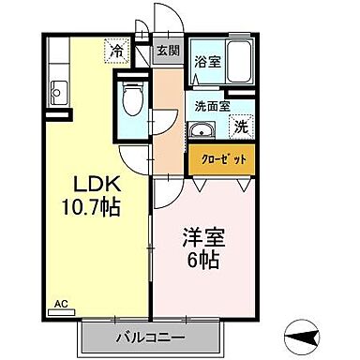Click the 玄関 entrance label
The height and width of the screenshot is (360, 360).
pyautogui.click(x=168, y=52)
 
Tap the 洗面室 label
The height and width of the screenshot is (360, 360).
pyautogui.click(x=211, y=106)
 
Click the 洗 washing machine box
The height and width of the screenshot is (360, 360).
pyautogui.click(x=241, y=126)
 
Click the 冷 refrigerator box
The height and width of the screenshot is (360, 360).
pyautogui.click(x=117, y=52)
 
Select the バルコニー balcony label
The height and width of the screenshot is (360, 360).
pyautogui.click(x=150, y=336)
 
